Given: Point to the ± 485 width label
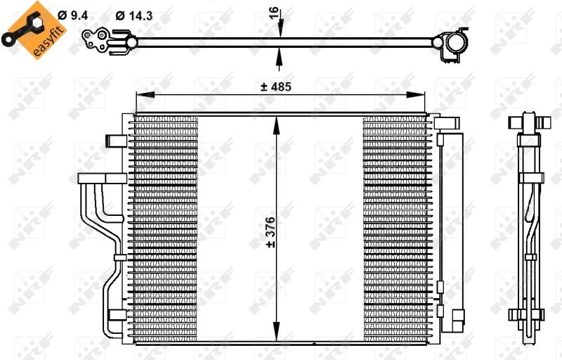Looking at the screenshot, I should coord(275,86).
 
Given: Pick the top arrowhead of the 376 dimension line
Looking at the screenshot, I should coord(280,120).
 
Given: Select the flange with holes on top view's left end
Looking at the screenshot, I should coord(96,40).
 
